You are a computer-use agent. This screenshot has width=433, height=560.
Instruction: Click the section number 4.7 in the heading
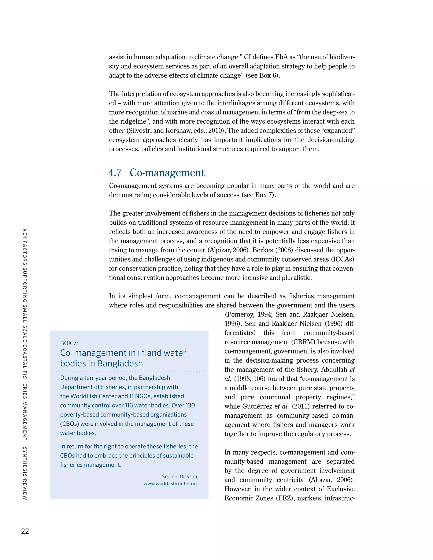115,173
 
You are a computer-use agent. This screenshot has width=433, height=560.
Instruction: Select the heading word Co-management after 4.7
167,173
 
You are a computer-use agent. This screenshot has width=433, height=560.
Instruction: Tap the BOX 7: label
69,343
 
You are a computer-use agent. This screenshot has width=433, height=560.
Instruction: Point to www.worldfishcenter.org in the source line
171,484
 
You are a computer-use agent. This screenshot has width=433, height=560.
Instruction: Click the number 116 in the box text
129,405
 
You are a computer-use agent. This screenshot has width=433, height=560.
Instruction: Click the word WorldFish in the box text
84,396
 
